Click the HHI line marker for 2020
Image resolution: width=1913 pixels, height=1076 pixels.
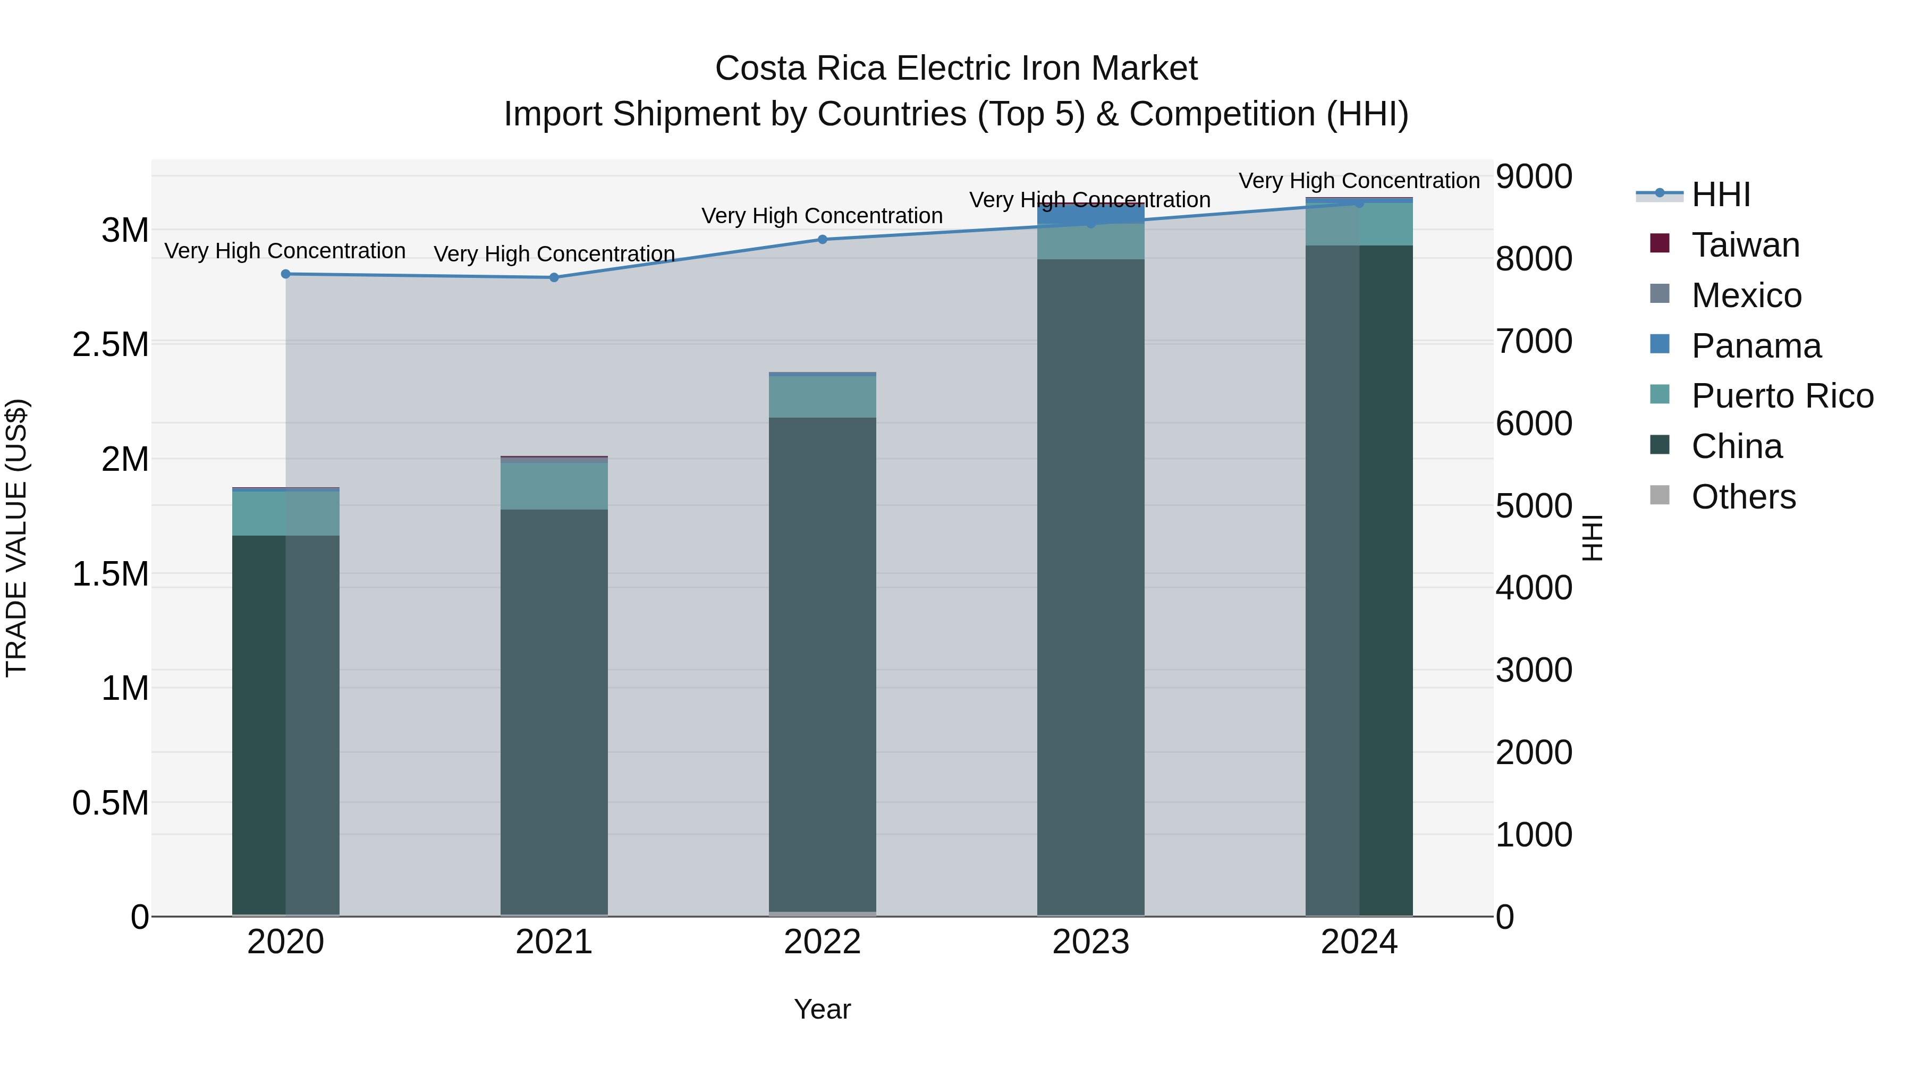pos(286,274)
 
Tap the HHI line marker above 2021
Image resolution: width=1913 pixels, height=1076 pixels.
pos(554,278)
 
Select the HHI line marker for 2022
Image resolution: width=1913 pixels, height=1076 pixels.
pos(822,239)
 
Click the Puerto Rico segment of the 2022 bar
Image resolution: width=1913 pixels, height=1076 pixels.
pos(822,397)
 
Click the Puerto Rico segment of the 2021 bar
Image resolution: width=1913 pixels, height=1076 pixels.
pos(554,486)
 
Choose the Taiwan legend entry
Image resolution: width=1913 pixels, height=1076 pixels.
pos(1745,245)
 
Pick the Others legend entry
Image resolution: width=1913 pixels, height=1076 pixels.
pos(1743,497)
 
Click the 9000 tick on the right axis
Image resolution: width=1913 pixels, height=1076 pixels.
pos(1534,177)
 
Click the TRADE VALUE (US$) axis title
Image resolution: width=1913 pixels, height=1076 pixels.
pos(16,538)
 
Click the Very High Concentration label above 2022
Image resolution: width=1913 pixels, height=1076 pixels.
pos(822,216)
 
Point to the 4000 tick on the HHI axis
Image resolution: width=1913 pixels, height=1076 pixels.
pos(1534,588)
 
